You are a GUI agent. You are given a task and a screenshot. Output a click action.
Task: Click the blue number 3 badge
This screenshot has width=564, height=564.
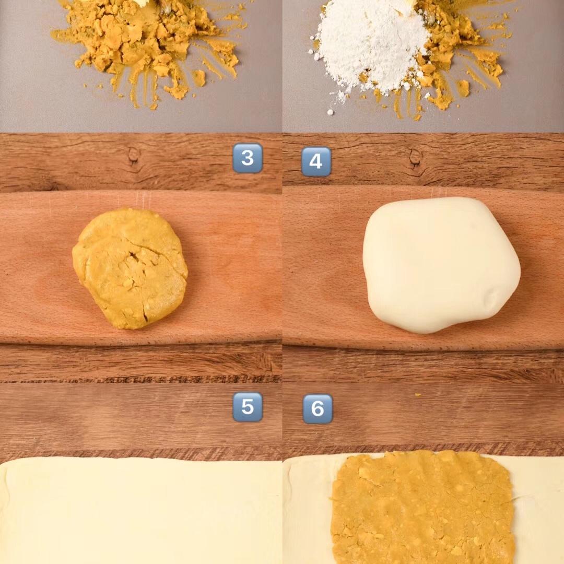click(248, 158)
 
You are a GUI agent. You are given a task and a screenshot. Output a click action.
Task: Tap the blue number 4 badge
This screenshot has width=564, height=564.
click(316, 161)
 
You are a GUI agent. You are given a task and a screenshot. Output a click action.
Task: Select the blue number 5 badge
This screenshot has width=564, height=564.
click(248, 407)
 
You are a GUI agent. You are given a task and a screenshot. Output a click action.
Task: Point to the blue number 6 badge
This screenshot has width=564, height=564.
click(318, 408)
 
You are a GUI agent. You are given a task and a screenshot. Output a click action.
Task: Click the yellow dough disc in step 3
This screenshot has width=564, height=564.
click(130, 268)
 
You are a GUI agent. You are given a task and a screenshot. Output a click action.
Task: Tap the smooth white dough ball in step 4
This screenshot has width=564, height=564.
click(441, 264)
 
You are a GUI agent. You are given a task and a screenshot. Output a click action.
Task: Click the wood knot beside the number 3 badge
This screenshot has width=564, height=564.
click(134, 155)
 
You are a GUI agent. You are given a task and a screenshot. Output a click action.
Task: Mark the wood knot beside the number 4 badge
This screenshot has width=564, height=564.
click(416, 157)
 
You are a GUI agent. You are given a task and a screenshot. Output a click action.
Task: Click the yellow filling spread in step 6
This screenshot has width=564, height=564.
click(421, 507)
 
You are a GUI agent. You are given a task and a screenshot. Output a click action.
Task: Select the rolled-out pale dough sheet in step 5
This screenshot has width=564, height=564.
click(141, 511)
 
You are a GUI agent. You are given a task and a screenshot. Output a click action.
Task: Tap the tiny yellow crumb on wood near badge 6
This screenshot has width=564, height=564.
click(418, 395)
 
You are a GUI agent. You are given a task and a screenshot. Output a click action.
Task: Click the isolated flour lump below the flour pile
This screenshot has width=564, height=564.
click(330, 113)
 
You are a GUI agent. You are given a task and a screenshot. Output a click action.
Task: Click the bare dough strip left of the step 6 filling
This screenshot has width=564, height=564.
click(308, 511)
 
